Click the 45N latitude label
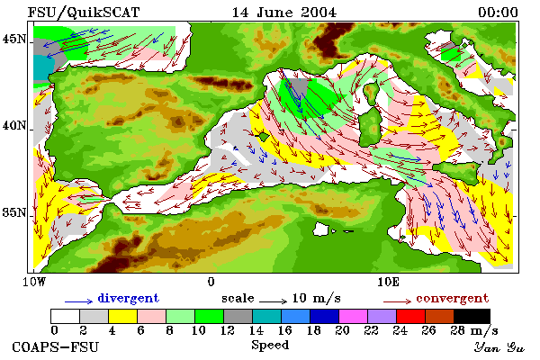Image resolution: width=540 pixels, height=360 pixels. (13, 39)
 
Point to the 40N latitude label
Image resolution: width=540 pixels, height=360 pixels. (13, 125)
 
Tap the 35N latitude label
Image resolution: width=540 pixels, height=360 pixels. (13, 212)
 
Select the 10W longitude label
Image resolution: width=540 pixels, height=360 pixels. (34, 282)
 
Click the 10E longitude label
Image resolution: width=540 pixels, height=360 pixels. (388, 282)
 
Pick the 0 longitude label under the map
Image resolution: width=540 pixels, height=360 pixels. (211, 282)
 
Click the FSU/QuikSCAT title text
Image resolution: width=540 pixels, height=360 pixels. (84, 13)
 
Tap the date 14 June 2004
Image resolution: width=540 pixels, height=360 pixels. (284, 13)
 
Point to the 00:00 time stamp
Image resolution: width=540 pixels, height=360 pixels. (498, 13)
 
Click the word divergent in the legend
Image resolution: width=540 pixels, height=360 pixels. (128, 298)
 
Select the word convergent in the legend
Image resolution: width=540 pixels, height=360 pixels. (452, 298)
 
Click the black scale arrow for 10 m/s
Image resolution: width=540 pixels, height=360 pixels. (273, 301)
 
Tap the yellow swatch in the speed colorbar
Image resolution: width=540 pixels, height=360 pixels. (122, 316)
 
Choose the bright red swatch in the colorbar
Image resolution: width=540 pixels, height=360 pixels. (410, 316)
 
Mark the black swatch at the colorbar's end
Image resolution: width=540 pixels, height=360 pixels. (472, 316)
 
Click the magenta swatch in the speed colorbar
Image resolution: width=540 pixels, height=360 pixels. (353, 316)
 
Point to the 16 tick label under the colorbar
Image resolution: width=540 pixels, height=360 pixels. (284, 330)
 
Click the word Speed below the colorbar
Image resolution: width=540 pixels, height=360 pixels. (270, 346)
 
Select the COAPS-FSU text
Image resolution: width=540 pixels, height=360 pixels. (55, 346)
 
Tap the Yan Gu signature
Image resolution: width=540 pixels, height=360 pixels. (499, 347)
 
